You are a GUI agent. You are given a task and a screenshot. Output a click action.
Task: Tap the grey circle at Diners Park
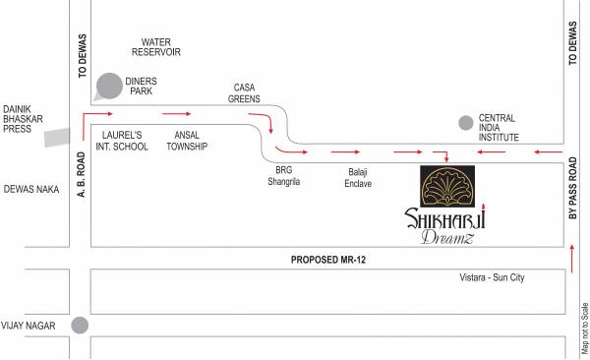(x=110, y=86)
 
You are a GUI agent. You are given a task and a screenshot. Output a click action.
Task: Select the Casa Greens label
(x=246, y=92)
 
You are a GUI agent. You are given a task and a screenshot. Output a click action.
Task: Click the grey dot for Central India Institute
(x=465, y=123)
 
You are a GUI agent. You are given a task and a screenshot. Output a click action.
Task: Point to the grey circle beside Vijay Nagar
(x=80, y=326)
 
